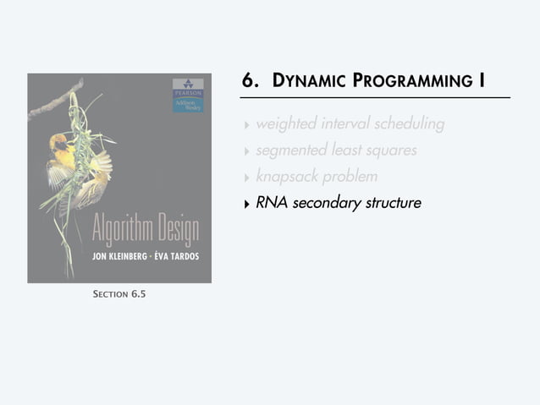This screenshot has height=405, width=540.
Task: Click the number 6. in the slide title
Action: (x=251, y=81)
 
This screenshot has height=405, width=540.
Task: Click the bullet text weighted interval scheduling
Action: (x=350, y=124)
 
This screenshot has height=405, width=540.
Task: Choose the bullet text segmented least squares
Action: (x=336, y=151)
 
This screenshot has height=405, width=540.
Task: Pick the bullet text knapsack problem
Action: (x=317, y=177)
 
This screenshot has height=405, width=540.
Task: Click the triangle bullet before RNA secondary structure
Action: (x=246, y=204)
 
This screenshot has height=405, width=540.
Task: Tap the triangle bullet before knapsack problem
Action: (x=246, y=178)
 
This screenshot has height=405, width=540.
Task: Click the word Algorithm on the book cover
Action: (x=124, y=230)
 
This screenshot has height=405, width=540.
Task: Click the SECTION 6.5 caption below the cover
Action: (x=119, y=294)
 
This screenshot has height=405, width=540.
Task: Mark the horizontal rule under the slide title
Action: (x=376, y=98)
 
